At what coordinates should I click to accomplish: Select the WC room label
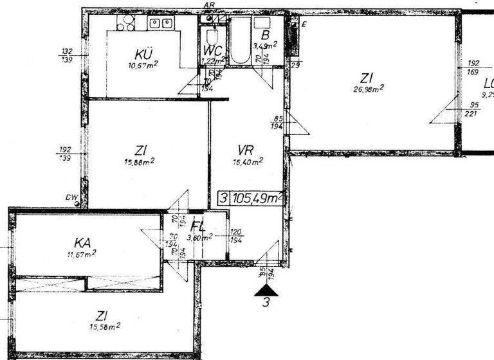(x=213, y=50)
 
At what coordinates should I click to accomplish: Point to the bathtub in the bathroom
(x=241, y=40)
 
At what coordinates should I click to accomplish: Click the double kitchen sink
(x=161, y=24)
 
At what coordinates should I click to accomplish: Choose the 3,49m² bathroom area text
(x=265, y=46)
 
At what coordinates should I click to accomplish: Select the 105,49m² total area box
(x=250, y=198)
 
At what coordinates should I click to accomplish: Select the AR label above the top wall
(x=208, y=4)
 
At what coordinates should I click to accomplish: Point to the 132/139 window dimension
(x=67, y=55)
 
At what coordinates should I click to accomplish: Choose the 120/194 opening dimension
(x=236, y=235)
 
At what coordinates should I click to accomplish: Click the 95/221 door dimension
(x=473, y=109)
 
